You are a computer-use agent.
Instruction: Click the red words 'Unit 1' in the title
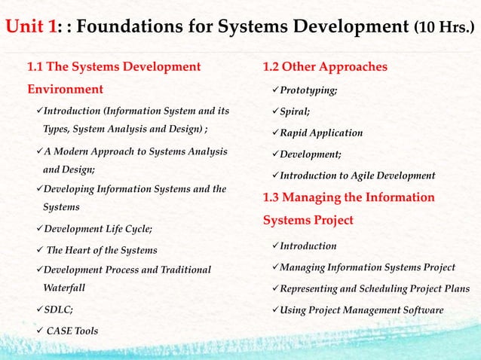[x=31, y=29]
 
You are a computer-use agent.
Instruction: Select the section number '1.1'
[x=37, y=67]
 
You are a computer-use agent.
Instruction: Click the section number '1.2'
[x=272, y=67]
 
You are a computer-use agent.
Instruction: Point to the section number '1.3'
[x=272, y=198]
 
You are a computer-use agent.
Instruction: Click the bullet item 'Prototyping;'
[x=308, y=90]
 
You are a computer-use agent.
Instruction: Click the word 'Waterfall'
[x=64, y=288]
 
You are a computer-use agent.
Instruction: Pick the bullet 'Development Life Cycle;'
[x=98, y=228]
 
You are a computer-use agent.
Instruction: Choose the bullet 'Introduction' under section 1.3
[x=308, y=246]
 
